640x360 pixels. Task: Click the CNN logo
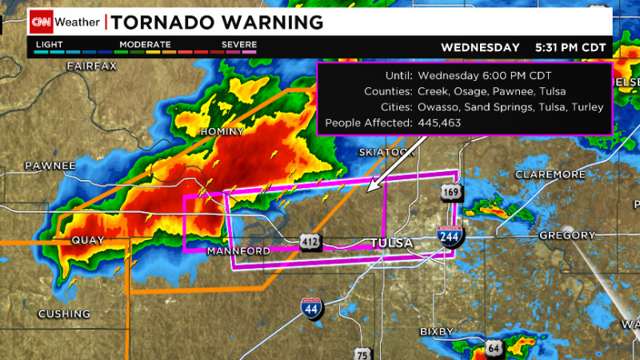pyautogui.click(x=42, y=22)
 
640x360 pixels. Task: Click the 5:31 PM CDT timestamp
pyautogui.click(x=570, y=47)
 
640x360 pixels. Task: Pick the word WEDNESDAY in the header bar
pyautogui.click(x=480, y=47)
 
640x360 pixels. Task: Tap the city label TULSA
pyautogui.click(x=391, y=242)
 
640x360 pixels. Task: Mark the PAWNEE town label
pyautogui.click(x=50, y=166)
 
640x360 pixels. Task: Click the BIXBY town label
pyautogui.click(x=437, y=331)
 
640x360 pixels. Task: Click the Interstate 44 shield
pyautogui.click(x=312, y=308)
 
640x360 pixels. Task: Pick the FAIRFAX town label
pyautogui.click(x=92, y=65)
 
